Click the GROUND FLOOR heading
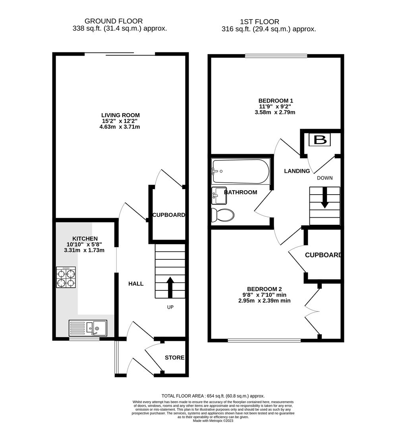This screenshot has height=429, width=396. click(114, 21)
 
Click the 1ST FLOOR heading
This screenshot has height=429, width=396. click(259, 22)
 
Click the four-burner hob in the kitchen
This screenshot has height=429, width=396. click(66, 277)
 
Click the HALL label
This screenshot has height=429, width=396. click(136, 284)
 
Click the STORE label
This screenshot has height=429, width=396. click(174, 357)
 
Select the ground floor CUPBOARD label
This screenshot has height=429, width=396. click(168, 215)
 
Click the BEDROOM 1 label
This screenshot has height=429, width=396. click(275, 100)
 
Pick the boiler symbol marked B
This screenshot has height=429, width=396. click(321, 140)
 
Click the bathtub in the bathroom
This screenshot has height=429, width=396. click(240, 172)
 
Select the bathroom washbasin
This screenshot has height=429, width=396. click(219, 193)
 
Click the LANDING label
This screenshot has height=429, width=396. click(297, 171)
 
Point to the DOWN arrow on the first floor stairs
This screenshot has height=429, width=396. click(325, 198)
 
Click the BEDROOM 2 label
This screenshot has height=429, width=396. click(264, 289)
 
